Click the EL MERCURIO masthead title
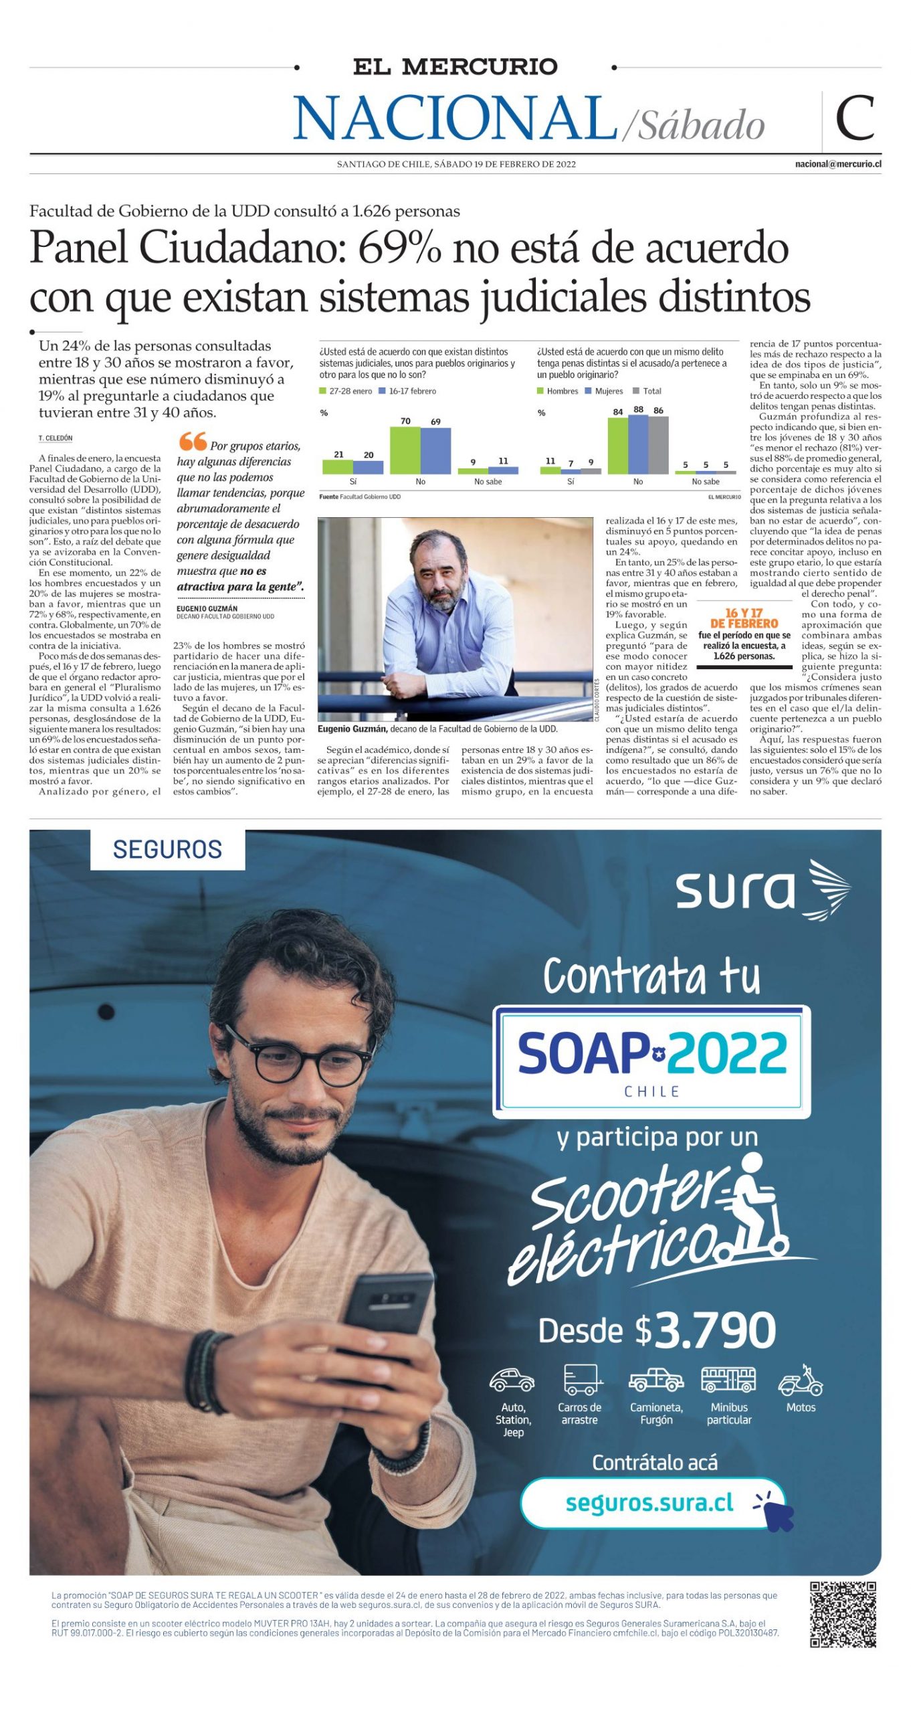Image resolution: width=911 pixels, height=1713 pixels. (x=455, y=66)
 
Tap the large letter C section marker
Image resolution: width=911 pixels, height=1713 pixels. (x=854, y=118)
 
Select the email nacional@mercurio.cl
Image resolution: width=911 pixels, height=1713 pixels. (x=837, y=164)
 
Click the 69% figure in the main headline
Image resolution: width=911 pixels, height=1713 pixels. (x=399, y=248)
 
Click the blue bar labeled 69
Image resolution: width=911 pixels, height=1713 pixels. (x=435, y=451)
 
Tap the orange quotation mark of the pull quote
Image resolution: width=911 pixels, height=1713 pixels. (x=193, y=441)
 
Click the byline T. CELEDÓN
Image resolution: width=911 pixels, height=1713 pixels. (x=56, y=438)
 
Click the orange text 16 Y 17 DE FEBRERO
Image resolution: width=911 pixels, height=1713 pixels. (x=744, y=618)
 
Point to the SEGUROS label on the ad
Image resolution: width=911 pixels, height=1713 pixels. (x=167, y=849)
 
